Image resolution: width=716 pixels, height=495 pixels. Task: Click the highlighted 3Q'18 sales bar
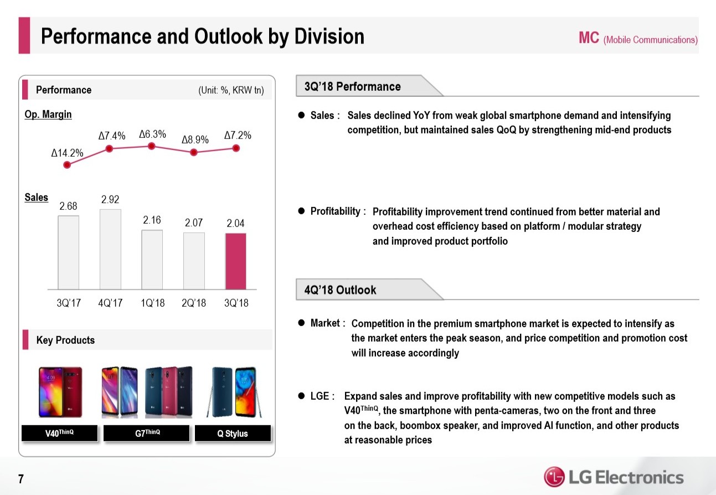(235, 261)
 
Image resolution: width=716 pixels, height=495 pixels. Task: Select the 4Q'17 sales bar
(110, 249)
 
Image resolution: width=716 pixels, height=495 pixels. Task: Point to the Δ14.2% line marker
(68, 164)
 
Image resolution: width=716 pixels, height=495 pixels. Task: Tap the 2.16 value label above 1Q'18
(152, 220)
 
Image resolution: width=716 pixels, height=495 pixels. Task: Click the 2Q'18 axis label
(194, 303)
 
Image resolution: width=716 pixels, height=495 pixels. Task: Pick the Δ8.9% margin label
(195, 140)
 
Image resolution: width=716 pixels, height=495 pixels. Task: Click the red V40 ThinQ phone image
(60, 392)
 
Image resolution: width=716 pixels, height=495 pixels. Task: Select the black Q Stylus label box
(233, 434)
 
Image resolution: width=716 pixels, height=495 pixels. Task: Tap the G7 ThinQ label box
(147, 433)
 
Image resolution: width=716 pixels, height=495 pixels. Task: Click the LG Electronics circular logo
(554, 477)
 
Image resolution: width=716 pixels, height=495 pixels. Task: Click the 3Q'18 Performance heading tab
(353, 86)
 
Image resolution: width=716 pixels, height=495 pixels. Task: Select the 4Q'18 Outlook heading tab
(341, 290)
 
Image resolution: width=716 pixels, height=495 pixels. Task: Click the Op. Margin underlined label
(48, 115)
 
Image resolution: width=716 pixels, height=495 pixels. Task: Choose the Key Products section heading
(65, 340)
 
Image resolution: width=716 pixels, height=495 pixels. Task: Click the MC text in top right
(589, 38)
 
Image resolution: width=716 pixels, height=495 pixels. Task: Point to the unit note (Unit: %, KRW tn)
(231, 90)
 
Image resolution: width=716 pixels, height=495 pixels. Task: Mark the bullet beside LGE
(302, 396)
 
